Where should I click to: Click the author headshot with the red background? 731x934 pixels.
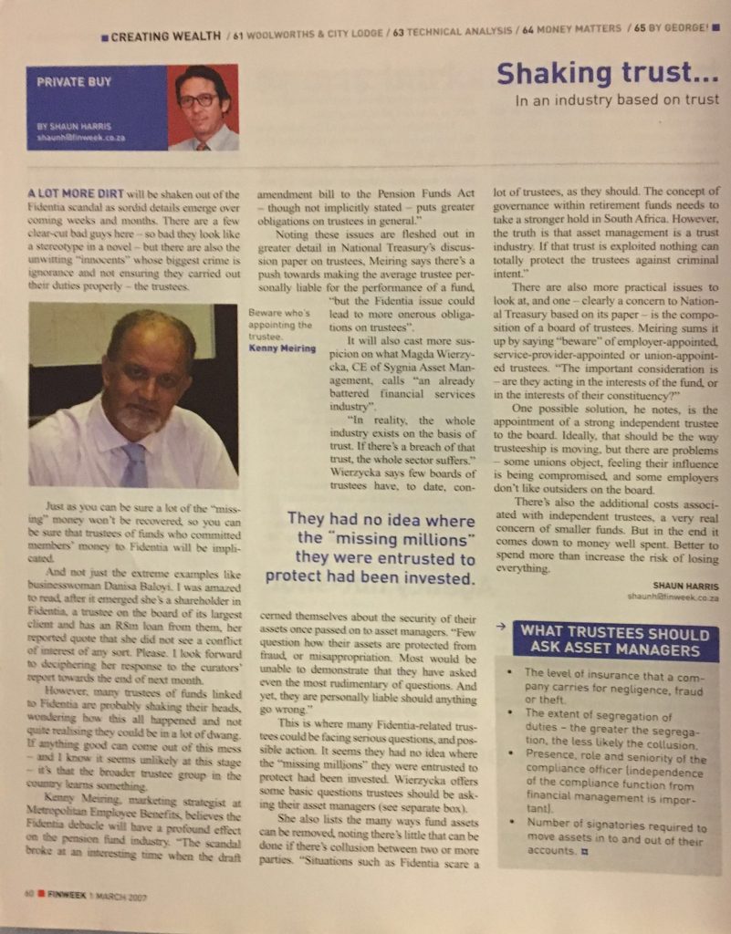click(x=204, y=107)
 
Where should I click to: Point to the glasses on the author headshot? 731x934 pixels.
click(x=198, y=99)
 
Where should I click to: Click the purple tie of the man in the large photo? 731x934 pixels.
click(x=134, y=463)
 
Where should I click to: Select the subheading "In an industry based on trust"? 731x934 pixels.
click(x=617, y=102)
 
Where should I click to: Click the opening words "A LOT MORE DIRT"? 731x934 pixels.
click(x=72, y=193)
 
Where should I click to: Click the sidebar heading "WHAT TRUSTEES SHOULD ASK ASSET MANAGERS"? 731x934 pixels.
click(x=614, y=642)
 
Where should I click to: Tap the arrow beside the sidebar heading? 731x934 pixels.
click(x=500, y=628)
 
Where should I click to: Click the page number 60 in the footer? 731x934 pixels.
click(x=28, y=896)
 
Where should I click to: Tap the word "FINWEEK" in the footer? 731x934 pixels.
click(x=66, y=896)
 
